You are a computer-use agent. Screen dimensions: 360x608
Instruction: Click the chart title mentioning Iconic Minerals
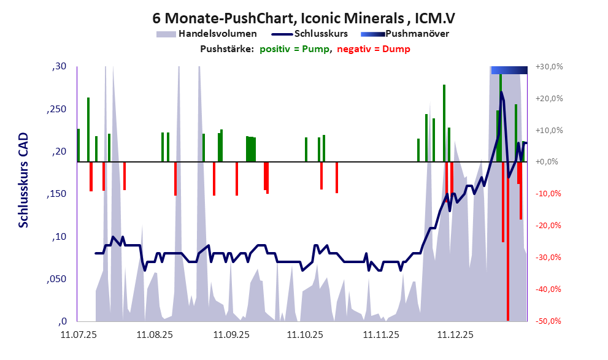tap(304, 17)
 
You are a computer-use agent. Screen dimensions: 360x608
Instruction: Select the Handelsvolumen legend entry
tap(217, 34)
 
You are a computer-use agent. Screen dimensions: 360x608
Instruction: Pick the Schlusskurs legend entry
tap(321, 34)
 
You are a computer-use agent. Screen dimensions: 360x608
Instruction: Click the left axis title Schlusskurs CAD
tap(23, 181)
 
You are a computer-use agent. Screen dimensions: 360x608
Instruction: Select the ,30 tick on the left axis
tap(60, 67)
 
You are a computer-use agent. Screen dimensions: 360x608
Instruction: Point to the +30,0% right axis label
tap(549, 67)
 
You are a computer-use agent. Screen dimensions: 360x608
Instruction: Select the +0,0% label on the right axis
tap(549, 163)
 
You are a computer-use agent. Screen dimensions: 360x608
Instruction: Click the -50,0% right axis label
tap(549, 321)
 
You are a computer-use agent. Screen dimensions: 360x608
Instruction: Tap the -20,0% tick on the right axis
tap(549, 226)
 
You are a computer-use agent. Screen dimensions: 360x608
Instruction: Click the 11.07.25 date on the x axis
tap(78, 335)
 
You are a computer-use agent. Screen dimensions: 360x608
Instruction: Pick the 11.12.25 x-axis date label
tap(455, 335)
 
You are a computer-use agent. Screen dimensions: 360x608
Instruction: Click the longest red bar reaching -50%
tap(508, 245)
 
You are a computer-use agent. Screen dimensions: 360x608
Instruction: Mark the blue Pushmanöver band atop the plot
tap(509, 70)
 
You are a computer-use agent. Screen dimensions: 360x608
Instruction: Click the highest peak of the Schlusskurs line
tap(501, 92)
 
